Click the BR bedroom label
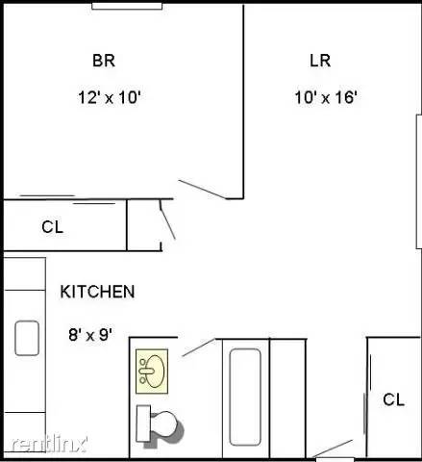coord(103,61)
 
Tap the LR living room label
coord(320,61)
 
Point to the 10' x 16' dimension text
coord(326,97)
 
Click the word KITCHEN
coord(97,292)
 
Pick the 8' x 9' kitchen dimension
coord(90,334)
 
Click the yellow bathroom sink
coord(152,370)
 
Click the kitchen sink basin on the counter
coord(26,338)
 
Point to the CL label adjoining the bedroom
coord(52,227)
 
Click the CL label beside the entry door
coord(393,399)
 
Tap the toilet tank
coord(141,422)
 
